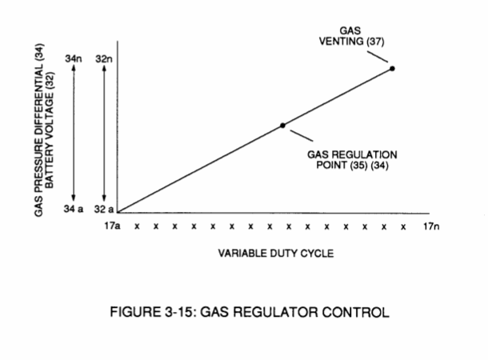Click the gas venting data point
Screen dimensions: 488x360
pyautogui.click(x=392, y=69)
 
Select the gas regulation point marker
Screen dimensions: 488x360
pyautogui.click(x=282, y=126)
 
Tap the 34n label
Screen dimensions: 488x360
pyautogui.click(x=74, y=58)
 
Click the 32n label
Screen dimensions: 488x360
pyautogui.click(x=104, y=58)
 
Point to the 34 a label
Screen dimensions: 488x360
pyautogui.click(x=74, y=209)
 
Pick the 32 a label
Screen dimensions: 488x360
pyautogui.click(x=104, y=209)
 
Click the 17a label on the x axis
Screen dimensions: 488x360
pyautogui.click(x=112, y=226)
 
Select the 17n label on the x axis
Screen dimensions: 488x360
pyautogui.click(x=431, y=226)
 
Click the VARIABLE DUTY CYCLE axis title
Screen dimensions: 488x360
pyautogui.click(x=276, y=254)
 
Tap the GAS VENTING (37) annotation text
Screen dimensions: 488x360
pyautogui.click(x=351, y=36)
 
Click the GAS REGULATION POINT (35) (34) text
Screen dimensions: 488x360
pyautogui.click(x=352, y=160)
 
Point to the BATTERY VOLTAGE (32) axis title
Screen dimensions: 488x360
pyautogui.click(x=50, y=130)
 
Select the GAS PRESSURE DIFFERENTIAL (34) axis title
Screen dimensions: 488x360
pyautogui.click(x=39, y=130)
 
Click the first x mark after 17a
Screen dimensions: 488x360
pyautogui.click(x=137, y=227)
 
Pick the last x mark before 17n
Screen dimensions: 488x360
pyautogui.click(x=403, y=227)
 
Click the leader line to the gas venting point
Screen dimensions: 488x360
pyautogui.click(x=378, y=57)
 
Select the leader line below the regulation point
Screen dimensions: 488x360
pyautogui.click(x=302, y=136)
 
